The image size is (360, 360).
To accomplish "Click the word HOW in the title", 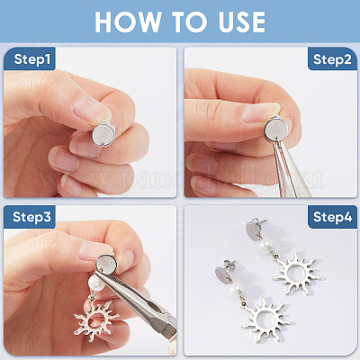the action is pyautogui.click(x=127, y=22).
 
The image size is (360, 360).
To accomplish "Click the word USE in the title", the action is pyautogui.click(x=242, y=22).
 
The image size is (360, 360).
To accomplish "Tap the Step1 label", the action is pyautogui.click(x=31, y=59).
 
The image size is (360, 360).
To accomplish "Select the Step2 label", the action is pyautogui.click(x=332, y=59).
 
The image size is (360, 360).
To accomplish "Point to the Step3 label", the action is pyautogui.click(x=31, y=217).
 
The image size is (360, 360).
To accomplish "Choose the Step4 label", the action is pyautogui.click(x=332, y=217).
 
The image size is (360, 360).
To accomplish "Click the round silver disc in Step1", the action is pyautogui.click(x=103, y=136).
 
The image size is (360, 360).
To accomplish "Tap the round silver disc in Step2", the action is pyautogui.click(x=276, y=129).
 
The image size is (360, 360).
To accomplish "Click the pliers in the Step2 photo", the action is pyautogui.click(x=287, y=168).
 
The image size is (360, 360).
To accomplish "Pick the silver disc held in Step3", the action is pyautogui.click(x=106, y=263).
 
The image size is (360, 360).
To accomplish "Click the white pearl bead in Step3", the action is pyautogui.click(x=96, y=283).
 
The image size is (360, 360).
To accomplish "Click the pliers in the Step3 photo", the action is pyautogui.click(x=137, y=303).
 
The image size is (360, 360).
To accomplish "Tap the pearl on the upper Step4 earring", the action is pyautogui.click(x=266, y=246).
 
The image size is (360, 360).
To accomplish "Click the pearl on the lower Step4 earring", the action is pyautogui.click(x=237, y=290).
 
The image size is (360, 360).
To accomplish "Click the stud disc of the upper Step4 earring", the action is pyautogui.click(x=253, y=230).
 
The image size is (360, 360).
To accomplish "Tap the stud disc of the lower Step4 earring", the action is pyautogui.click(x=222, y=274).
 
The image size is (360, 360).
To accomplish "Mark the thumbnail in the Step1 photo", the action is pyautogui.click(x=91, y=108).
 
